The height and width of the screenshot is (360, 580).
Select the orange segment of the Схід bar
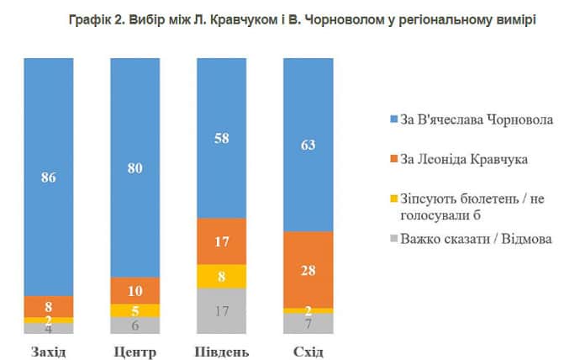tap(309, 269)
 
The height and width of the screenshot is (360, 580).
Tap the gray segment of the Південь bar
tap(221, 310)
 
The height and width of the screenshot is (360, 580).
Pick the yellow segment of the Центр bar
tap(135, 310)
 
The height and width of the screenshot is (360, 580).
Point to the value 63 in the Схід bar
tap(308, 145)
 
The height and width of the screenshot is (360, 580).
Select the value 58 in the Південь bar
tap(221, 139)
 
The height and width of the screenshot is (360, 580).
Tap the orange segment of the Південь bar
tap(221, 241)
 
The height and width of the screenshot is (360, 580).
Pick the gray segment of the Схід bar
tap(308, 323)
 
